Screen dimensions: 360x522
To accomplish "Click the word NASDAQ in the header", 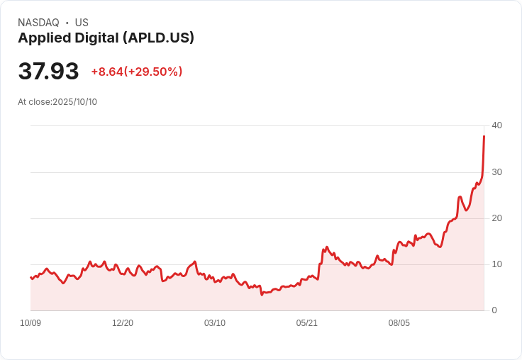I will [38, 23].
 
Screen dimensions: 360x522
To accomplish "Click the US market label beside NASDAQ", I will [82, 23].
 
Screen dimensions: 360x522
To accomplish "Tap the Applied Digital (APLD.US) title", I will [106, 38].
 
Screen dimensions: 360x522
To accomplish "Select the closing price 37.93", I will [48, 72].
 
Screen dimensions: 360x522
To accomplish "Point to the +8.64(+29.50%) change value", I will [137, 72].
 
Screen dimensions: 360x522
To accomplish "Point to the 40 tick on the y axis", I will [496, 125].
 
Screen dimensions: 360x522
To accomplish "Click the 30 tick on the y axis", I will [496, 172].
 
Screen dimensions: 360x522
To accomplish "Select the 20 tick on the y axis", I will [496, 218].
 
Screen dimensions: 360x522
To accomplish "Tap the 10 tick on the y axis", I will [496, 264].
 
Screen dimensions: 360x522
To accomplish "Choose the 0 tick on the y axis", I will [494, 310].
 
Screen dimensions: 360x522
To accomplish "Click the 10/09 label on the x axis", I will [30, 323].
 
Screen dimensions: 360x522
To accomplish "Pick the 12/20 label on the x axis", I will [123, 323].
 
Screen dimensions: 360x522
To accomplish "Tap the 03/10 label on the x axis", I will [215, 323].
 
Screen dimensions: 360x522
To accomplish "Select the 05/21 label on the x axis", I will [307, 323].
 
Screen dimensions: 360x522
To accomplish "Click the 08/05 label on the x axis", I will [399, 323].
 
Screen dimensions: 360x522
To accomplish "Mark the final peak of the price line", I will [484, 136].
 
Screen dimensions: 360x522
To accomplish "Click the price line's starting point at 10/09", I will [30, 277].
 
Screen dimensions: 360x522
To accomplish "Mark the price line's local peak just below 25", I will [460, 196].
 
